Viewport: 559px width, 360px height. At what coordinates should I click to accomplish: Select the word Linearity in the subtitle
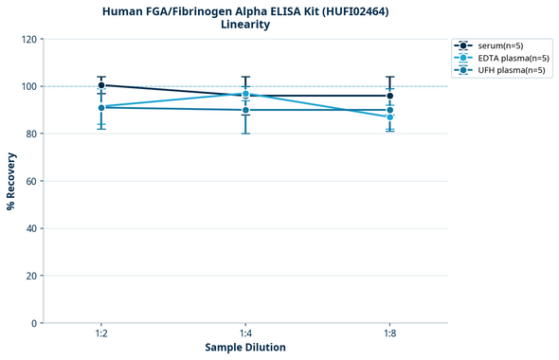[x=244, y=25]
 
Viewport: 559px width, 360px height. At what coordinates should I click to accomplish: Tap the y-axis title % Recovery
[x=11, y=180]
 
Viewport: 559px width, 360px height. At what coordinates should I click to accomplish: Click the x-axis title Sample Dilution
[x=245, y=347]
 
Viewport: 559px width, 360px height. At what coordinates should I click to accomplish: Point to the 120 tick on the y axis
[x=27, y=39]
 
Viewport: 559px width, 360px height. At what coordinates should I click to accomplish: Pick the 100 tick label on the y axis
[x=27, y=86]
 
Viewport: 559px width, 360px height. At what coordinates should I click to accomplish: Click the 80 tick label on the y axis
[x=30, y=134]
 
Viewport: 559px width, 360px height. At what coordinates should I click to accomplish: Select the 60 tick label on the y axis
[x=30, y=181]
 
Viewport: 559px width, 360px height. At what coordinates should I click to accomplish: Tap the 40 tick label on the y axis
[x=30, y=228]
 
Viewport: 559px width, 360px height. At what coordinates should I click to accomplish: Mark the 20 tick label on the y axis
[x=30, y=276]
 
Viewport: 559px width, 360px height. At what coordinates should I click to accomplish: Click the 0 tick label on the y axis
[x=33, y=323]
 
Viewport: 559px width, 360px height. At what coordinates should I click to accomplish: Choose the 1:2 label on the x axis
[x=100, y=333]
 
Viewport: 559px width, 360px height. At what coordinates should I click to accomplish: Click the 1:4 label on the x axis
[x=245, y=333]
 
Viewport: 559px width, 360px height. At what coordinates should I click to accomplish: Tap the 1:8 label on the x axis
[x=389, y=333]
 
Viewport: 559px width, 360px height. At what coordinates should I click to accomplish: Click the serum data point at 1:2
[x=101, y=85]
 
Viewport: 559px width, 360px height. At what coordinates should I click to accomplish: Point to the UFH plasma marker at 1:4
[x=245, y=110]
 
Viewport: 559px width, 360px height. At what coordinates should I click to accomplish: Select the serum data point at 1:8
[x=389, y=96]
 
